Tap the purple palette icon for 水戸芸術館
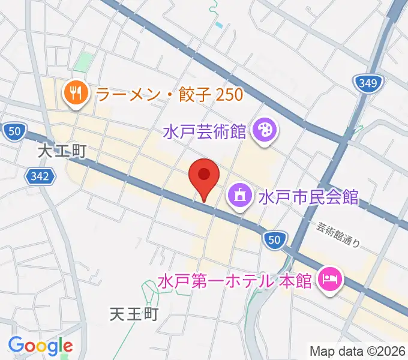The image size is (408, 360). (x=264, y=128)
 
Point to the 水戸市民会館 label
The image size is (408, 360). (x=308, y=196)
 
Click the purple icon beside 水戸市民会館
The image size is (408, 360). (x=239, y=195)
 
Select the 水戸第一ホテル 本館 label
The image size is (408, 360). (x=235, y=280)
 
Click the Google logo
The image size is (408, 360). (x=40, y=346)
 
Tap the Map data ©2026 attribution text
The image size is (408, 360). (x=358, y=351)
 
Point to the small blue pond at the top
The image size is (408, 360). (x=219, y=25)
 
